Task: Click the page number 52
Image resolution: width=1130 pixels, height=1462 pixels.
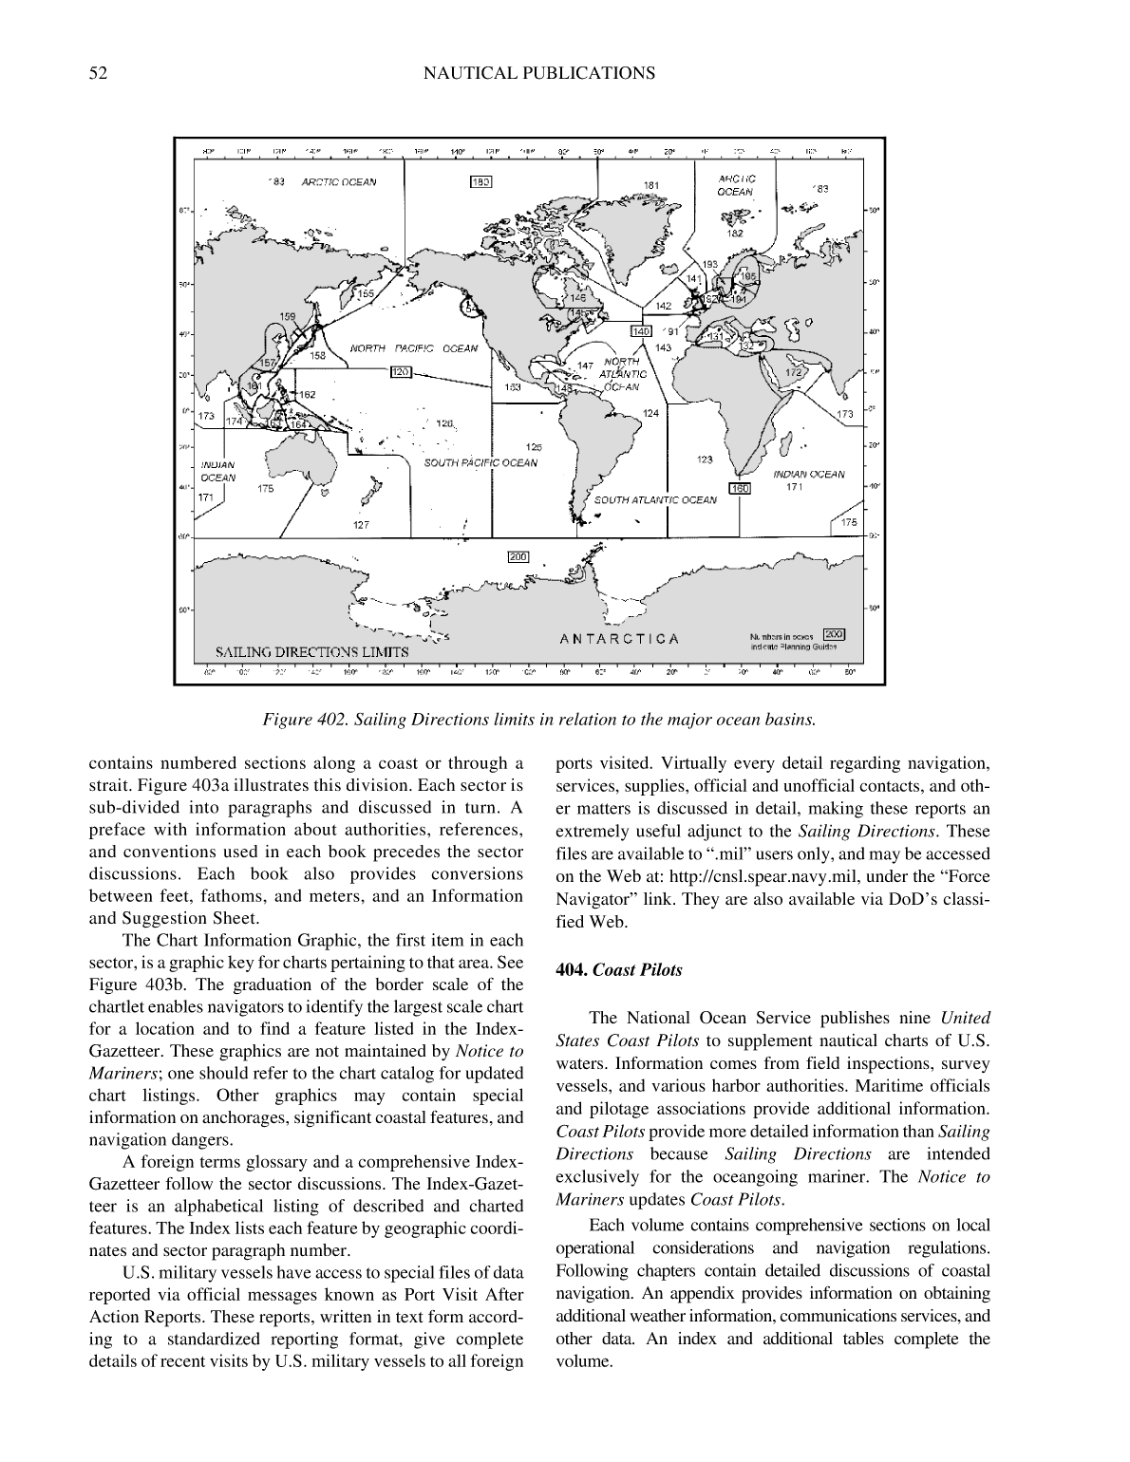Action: pos(97,73)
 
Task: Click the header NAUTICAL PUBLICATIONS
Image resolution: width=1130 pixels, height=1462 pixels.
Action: pos(537,73)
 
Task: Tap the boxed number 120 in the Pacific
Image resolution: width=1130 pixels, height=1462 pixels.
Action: pos(400,372)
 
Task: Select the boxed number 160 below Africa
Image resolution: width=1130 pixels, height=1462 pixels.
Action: pos(740,488)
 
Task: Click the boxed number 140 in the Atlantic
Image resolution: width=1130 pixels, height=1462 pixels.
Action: pos(641,331)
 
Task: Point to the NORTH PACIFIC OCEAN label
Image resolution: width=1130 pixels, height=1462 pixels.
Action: pos(414,348)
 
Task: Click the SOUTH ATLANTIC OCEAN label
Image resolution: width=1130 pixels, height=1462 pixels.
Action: pos(655,500)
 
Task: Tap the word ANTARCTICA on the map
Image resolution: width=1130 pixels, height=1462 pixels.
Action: pos(619,638)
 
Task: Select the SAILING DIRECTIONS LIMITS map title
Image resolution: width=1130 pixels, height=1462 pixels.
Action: pos(311,652)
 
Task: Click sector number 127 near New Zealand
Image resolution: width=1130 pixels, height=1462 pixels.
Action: pos(361,524)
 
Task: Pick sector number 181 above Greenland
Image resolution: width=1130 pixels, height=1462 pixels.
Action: pos(651,185)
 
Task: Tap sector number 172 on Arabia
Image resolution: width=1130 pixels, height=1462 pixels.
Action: pos(793,373)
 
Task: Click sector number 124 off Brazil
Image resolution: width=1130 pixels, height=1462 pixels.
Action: pos(650,414)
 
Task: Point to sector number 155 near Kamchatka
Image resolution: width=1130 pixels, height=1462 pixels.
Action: pos(366,294)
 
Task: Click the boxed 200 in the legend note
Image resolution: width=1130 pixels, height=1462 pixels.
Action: pos(834,634)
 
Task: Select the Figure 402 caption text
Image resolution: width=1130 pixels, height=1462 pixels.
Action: pos(538,719)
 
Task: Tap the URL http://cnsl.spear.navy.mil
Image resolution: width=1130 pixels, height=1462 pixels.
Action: pos(749,876)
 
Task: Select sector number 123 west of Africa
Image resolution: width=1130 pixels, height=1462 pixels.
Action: pos(705,459)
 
